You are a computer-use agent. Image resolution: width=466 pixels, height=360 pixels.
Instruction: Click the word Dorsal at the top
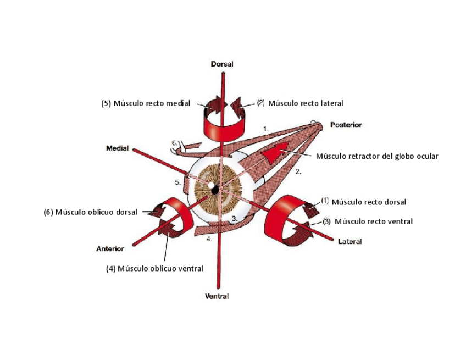[222, 64]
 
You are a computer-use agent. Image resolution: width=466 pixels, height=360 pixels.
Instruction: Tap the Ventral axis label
[217, 296]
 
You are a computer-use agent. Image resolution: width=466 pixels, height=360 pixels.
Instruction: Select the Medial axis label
[117, 148]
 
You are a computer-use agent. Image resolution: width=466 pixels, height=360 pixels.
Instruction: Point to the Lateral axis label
[349, 241]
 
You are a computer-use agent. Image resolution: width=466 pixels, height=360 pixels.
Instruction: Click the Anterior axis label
[109, 248]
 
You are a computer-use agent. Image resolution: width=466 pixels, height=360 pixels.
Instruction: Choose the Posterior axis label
[346, 125]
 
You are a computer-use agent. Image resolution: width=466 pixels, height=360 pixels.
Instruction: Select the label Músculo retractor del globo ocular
[377, 156]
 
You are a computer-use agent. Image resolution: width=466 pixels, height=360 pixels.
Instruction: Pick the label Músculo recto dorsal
[369, 202]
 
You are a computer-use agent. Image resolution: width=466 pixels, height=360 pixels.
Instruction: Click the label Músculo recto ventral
[373, 221]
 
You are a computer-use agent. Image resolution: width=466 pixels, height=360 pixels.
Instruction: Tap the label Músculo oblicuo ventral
[154, 269]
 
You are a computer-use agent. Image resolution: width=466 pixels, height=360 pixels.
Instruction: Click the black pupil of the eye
[214, 189]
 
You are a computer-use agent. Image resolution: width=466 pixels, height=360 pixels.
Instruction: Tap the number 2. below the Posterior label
[298, 172]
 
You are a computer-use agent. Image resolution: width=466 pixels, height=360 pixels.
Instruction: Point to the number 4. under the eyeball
[209, 239]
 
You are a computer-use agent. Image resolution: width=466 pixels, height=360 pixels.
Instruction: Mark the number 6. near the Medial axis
[174, 143]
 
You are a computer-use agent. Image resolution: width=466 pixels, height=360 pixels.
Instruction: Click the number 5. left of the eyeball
[178, 182]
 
